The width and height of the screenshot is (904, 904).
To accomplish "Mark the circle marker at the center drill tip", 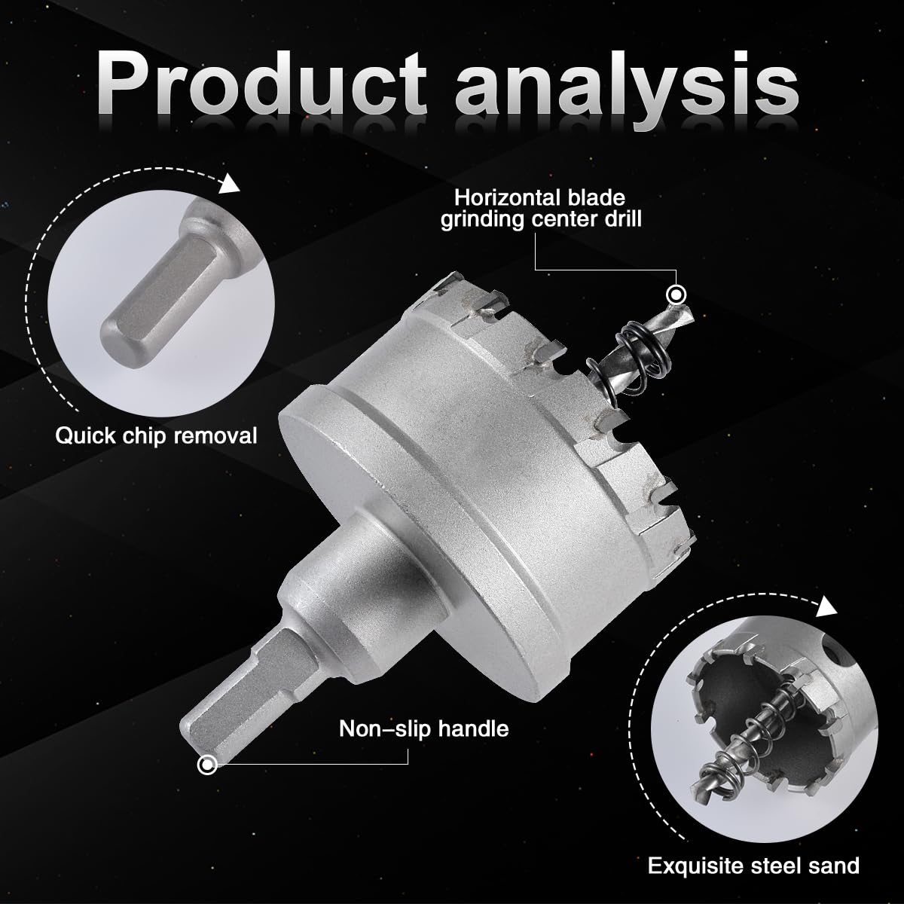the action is click(676, 295).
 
